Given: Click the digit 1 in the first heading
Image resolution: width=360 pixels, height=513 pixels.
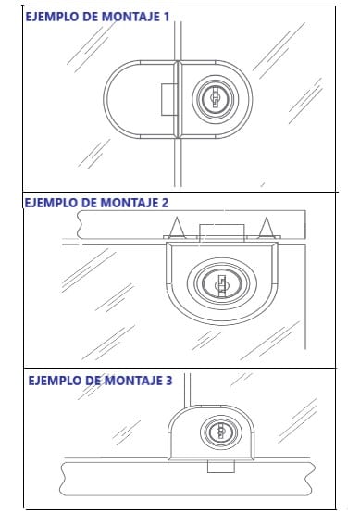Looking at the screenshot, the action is tap(166, 17).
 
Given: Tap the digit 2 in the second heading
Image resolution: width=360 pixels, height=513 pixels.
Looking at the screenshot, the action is tap(165, 203).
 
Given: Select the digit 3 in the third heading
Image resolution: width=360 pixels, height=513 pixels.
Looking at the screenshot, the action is tap(168, 381).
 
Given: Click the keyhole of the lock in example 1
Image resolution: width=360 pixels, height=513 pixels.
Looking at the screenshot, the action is tap(216, 98).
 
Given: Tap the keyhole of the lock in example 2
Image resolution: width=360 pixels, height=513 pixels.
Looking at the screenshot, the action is tap(222, 284).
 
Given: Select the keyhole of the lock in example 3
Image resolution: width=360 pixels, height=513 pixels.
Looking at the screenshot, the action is tap(221, 431).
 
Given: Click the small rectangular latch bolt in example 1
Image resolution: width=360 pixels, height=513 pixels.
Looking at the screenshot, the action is tap(169, 99).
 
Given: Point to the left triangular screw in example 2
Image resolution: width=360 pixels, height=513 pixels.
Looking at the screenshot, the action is tap(177, 227).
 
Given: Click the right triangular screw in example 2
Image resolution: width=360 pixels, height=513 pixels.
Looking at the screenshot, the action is tap(267, 227).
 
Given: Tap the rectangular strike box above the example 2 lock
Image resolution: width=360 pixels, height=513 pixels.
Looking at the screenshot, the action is tap(222, 232).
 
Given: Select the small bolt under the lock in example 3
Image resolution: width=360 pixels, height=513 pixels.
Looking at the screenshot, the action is tap(221, 466).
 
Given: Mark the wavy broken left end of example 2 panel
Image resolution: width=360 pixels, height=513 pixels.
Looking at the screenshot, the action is tap(81, 224).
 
